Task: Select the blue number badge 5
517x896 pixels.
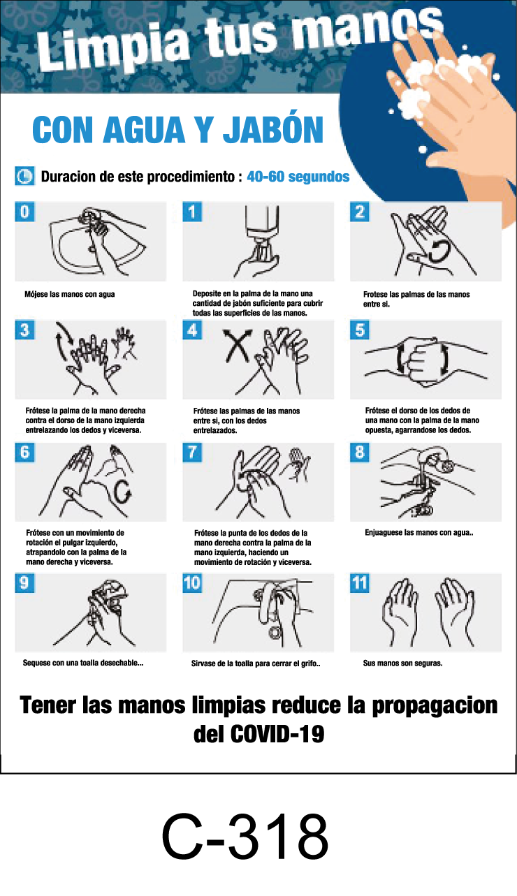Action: click(360, 330)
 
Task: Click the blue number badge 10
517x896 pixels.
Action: click(192, 583)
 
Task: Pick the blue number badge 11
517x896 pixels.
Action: click(360, 583)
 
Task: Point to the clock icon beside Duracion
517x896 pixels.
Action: click(24, 176)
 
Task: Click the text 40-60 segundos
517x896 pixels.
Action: click(298, 177)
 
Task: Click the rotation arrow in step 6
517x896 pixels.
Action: click(125, 493)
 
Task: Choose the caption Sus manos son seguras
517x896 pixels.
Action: click(402, 663)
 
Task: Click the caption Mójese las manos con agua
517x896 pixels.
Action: click(69, 294)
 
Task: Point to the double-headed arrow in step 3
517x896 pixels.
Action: click(63, 340)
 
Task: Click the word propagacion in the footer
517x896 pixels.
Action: click(434, 705)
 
